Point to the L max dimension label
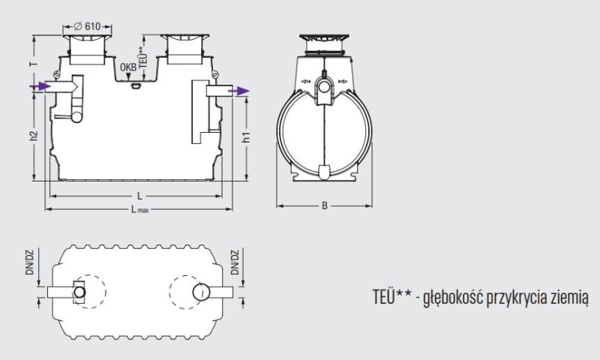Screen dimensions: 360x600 click(x=139, y=210)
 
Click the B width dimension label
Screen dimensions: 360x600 click(x=325, y=204)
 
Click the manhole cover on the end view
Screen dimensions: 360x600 click(x=325, y=37)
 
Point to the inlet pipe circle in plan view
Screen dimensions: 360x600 click(x=79, y=292)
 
